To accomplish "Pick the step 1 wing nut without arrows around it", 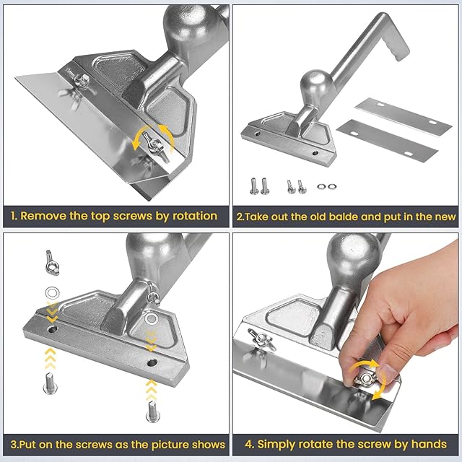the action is coord(78,78).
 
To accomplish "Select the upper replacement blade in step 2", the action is coord(404,115).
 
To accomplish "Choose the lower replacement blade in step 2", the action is coord(387,140).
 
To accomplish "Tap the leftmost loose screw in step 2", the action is coord(254,186).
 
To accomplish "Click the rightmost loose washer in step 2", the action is coord(332,186).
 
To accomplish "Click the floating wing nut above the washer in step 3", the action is coord(52,263).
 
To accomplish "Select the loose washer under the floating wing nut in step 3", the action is coord(52,293).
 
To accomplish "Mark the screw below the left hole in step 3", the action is coord(51,383).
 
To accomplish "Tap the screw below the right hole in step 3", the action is coord(153,411).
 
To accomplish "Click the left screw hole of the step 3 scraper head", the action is coord(52,329).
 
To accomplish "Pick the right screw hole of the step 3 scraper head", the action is coord(152,362).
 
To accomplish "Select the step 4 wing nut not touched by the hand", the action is coord(261,339).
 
